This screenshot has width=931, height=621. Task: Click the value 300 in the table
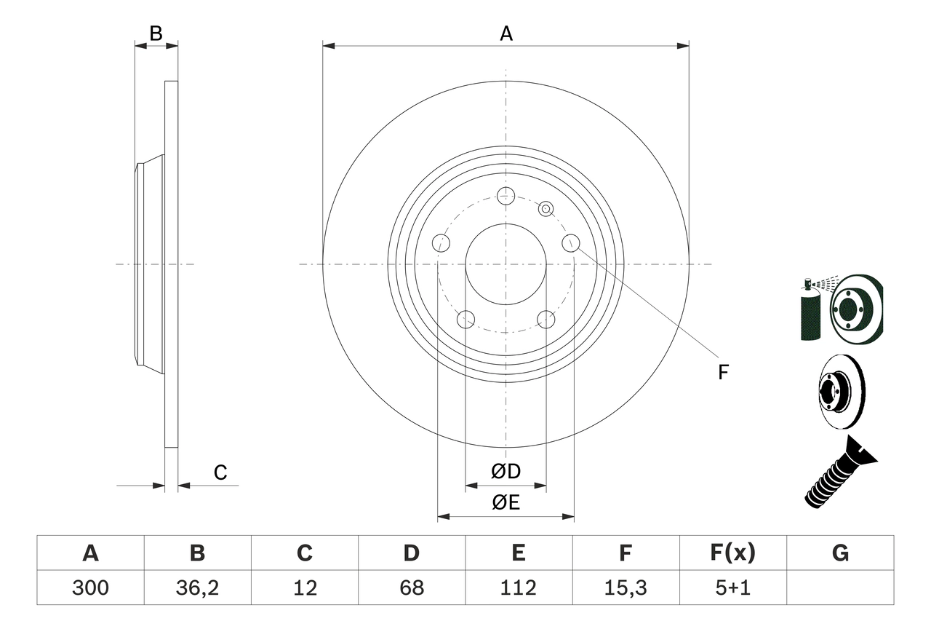[x=90, y=588]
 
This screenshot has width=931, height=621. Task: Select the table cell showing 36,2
[x=197, y=588]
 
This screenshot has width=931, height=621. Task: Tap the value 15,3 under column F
[x=626, y=588]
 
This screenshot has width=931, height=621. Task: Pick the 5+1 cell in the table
[x=732, y=588]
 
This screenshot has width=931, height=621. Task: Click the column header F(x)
[x=732, y=553]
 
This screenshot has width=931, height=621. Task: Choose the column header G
[x=840, y=553]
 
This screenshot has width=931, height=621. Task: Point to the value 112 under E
[x=519, y=588]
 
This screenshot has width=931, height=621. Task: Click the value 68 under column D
[x=412, y=588]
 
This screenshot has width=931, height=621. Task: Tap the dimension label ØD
[x=506, y=472]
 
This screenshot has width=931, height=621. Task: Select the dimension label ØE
[x=506, y=503]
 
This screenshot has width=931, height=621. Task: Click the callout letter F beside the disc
[x=722, y=373]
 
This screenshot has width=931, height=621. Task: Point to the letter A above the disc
[x=506, y=33]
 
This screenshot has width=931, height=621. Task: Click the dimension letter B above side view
[x=156, y=33]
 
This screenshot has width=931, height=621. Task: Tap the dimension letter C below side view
[x=220, y=473]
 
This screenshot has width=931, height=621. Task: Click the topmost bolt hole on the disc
[x=506, y=195]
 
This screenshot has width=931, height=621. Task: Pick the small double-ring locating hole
[x=546, y=210]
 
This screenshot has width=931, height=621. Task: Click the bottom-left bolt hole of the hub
[x=465, y=319]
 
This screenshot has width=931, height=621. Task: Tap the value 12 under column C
[x=305, y=588]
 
